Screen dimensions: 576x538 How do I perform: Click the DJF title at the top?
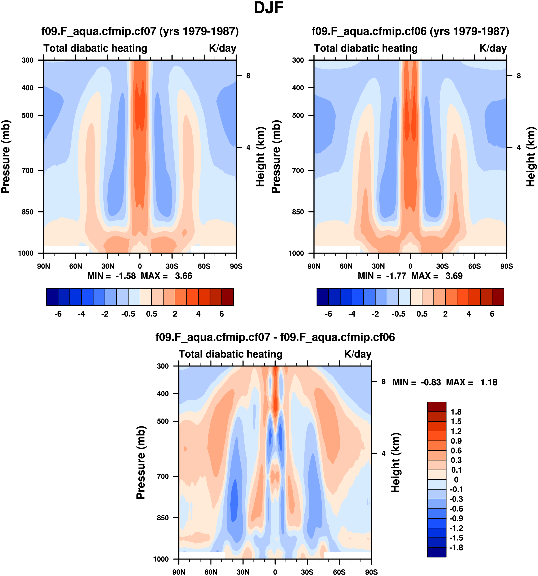268,8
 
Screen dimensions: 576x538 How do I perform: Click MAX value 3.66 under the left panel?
183,276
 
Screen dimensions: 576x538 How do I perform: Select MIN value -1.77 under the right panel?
396,276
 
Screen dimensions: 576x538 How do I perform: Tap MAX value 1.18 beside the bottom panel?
489,382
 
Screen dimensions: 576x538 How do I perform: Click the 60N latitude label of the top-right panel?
346,266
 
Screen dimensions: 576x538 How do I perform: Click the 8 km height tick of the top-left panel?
248,76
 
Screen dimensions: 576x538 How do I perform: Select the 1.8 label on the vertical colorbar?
456,412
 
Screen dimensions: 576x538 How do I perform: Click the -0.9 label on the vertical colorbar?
456,518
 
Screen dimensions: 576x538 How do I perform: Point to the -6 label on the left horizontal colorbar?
58,314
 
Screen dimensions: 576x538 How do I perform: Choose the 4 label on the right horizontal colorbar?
469,314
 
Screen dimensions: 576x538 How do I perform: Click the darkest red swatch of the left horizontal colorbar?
227,297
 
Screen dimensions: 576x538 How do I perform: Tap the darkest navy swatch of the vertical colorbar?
437,552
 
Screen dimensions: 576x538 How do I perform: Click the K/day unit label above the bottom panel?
358,354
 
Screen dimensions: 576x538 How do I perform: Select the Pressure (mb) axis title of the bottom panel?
141,463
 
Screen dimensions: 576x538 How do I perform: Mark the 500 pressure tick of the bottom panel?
163,421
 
